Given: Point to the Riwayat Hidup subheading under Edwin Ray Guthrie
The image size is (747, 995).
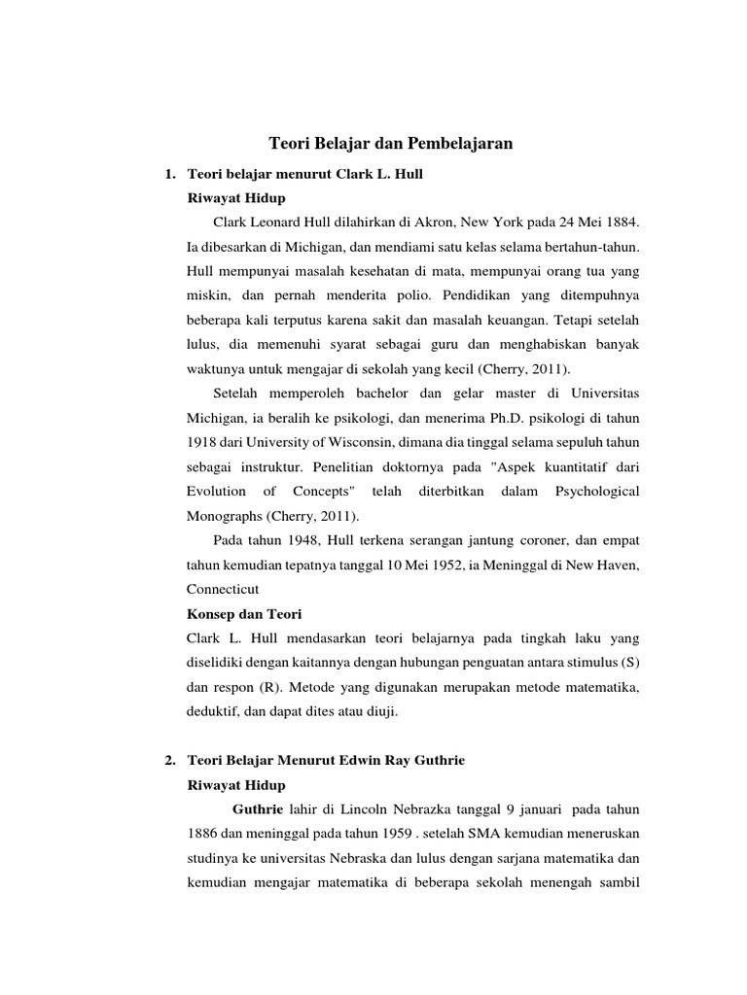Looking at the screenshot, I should coord(235,784).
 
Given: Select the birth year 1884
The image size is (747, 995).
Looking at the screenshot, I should coord(621,223).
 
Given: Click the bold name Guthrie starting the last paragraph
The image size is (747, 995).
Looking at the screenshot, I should coord(258,808).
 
